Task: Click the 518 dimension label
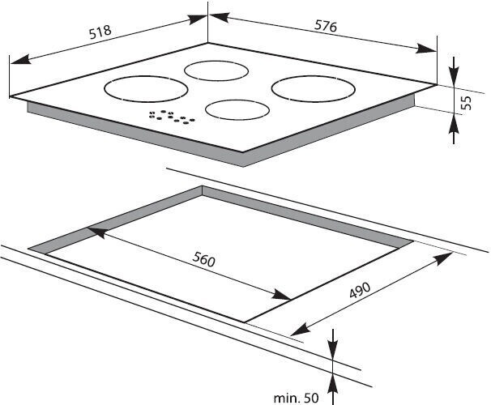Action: coord(100,32)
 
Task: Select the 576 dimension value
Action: coord(326,26)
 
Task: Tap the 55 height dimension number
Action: coord(466,103)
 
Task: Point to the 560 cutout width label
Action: coord(204,259)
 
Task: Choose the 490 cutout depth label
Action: coord(360,290)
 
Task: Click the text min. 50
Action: coord(296,398)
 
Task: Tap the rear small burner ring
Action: coord(216,70)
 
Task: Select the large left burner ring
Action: coord(146,89)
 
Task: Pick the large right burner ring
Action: coord(313,88)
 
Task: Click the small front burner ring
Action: coord(237,109)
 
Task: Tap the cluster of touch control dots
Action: coord(172,117)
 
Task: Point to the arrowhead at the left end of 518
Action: coord(21,59)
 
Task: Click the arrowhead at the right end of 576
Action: coord(426,49)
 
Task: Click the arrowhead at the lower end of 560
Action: coord(281,295)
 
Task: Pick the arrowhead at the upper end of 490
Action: coord(442,258)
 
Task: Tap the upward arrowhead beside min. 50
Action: coord(332,383)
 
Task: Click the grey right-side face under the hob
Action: coord(329,131)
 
